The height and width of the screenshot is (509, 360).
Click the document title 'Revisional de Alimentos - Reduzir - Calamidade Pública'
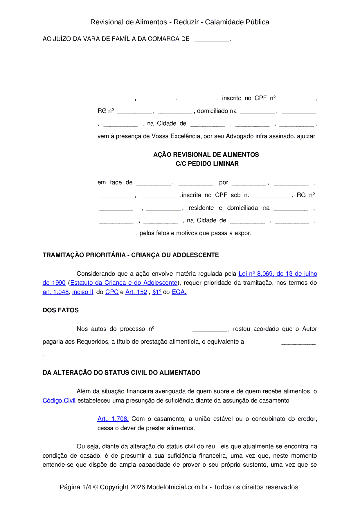tap(180, 22)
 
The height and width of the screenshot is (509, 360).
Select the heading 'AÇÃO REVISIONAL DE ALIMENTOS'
tap(206, 155)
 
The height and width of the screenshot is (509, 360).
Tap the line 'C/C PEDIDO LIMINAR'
tap(207, 164)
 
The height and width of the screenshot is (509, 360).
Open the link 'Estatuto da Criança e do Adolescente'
tap(124, 283)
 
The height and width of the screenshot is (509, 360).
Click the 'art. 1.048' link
tap(56, 292)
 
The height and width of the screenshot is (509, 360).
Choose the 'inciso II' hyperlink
tap(83, 292)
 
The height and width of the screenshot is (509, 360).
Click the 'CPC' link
tap(112, 292)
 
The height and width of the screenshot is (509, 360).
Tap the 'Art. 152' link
tap(136, 292)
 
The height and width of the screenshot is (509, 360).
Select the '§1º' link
tap(157, 292)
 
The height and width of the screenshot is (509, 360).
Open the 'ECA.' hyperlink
tap(179, 292)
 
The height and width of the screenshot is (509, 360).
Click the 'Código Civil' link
tap(59, 401)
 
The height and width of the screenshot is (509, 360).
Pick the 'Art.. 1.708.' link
tap(113, 419)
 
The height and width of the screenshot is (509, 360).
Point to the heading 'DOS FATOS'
tap(61, 310)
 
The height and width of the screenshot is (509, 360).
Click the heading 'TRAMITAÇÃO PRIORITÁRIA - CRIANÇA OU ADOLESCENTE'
tap(131, 255)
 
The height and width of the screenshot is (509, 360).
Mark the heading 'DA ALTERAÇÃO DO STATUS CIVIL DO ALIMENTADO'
tap(121, 373)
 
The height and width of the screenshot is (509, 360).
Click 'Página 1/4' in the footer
tap(75, 487)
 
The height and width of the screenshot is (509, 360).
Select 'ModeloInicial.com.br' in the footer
tap(177, 487)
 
